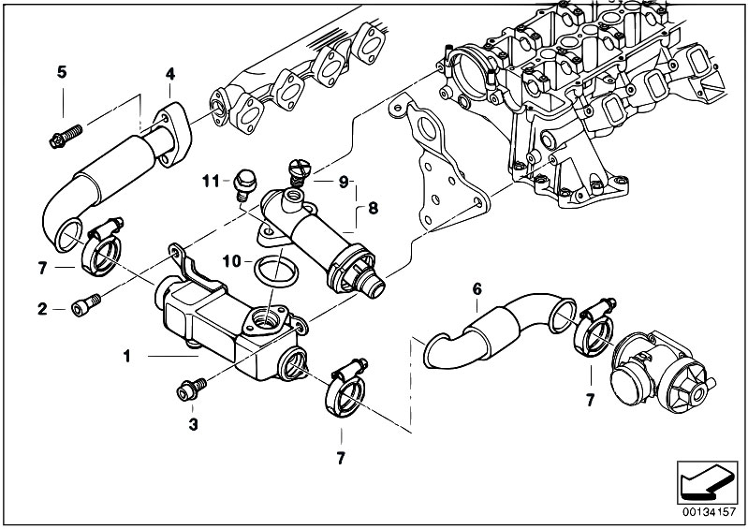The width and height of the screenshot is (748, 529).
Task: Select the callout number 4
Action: click(x=169, y=73)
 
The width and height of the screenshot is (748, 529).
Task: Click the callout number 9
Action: click(x=343, y=180)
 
